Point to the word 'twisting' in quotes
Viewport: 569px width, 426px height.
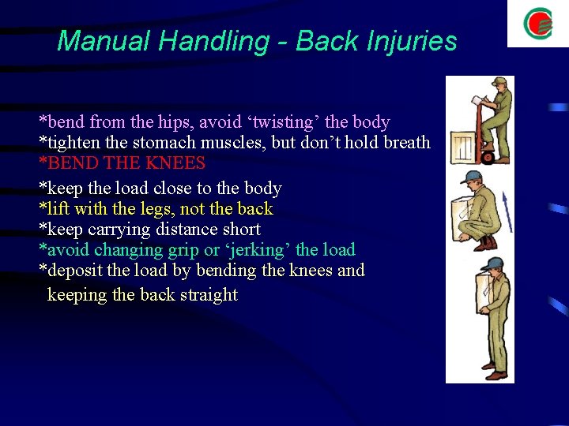tap(283, 122)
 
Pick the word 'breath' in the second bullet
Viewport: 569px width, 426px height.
tap(405, 143)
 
